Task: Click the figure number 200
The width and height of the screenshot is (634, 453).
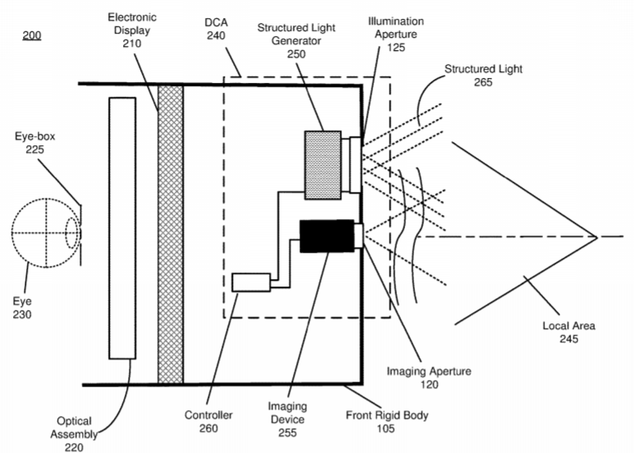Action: coord(31,35)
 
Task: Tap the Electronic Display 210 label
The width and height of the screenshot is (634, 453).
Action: coord(132,30)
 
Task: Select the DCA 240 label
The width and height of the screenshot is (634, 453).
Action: coord(216,29)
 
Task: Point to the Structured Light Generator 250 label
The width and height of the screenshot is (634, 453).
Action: coord(296,41)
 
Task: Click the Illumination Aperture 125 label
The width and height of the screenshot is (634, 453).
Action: coord(396,34)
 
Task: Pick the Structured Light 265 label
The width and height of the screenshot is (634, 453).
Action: coord(483,75)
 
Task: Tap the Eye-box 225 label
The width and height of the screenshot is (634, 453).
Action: coord(34,143)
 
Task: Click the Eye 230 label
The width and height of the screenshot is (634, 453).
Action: coord(22,308)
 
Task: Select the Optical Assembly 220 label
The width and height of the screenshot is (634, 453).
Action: coord(74,434)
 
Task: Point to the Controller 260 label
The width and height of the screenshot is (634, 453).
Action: coord(208,422)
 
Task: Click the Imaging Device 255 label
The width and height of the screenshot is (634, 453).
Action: coord(288,419)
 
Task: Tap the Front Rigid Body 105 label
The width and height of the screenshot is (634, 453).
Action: coord(386,422)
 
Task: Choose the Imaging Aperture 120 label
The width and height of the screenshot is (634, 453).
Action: coord(429,377)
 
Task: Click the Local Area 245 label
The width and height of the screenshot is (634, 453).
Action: coord(569,332)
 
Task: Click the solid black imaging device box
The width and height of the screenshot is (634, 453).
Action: coord(327,236)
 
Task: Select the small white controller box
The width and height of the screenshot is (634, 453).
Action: coord(251,282)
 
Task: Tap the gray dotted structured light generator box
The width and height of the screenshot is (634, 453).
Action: coord(322,165)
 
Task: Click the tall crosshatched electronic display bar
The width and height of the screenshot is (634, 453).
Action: coord(171,234)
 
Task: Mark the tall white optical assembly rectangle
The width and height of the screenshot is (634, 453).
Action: coord(122,228)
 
